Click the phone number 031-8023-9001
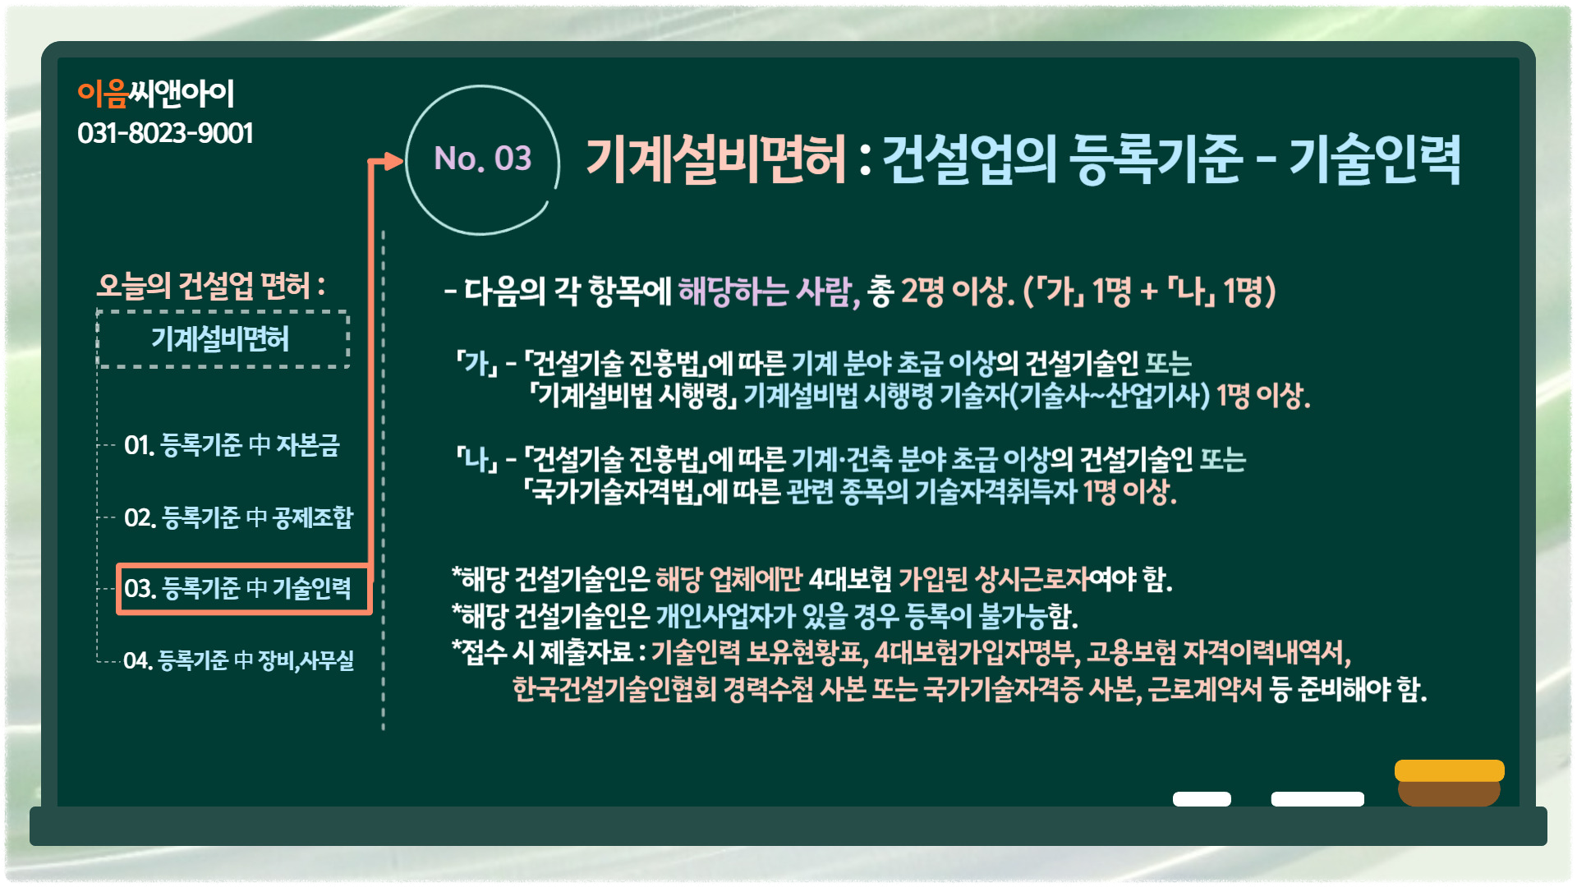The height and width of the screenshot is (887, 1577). tap(165, 133)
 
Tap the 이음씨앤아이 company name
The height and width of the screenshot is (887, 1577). tap(156, 94)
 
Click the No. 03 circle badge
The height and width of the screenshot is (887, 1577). tap(483, 160)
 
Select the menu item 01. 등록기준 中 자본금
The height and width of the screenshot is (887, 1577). tap(232, 445)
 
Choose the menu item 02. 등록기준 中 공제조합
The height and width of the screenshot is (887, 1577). tap(238, 517)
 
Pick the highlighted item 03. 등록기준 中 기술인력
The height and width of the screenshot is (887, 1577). tap(244, 589)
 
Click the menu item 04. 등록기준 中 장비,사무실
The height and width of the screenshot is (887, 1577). tap(238, 660)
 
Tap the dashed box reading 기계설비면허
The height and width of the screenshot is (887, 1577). tap(223, 339)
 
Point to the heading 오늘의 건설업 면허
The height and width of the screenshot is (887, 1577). tap(211, 286)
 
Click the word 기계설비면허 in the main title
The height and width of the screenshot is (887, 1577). tap(715, 159)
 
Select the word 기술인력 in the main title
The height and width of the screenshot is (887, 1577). tap(1375, 159)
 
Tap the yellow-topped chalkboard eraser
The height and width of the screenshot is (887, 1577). tap(1450, 783)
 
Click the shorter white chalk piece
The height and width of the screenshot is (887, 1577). tap(1202, 799)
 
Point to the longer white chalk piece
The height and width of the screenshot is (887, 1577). tap(1317, 799)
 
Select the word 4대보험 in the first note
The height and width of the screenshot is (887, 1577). tap(850, 580)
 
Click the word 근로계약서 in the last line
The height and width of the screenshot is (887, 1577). tap(1205, 688)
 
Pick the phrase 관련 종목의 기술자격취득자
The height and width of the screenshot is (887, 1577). tap(931, 492)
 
